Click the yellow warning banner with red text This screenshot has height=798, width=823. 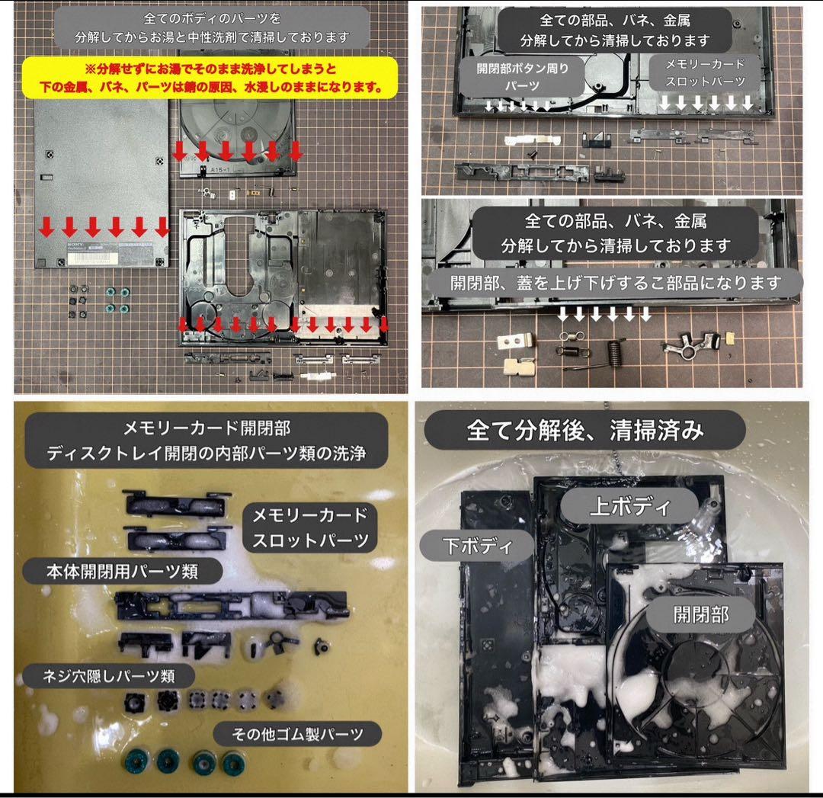210,78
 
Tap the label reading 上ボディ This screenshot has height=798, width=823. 630,506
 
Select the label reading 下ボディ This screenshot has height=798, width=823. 476,546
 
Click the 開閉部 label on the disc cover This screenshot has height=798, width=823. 701,614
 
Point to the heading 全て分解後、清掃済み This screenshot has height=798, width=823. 584,431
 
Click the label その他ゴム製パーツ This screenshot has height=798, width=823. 297,733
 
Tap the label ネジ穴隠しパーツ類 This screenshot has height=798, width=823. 109,676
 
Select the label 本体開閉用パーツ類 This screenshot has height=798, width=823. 122,571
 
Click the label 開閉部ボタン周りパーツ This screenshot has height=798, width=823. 522,77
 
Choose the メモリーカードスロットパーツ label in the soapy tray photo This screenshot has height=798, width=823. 309,527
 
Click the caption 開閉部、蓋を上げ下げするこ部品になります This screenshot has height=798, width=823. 615,284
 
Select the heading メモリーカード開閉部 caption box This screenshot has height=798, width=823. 207,441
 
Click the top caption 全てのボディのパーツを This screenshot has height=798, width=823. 212,18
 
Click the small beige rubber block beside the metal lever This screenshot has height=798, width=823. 730,338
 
